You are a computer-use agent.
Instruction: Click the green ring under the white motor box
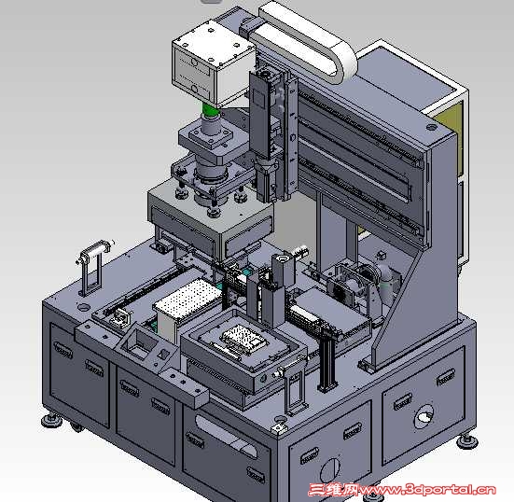coord(210,110)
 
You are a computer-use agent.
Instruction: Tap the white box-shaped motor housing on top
coord(213,62)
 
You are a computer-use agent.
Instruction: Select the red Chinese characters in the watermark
coord(333,490)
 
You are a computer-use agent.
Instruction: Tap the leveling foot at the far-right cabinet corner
coord(467,441)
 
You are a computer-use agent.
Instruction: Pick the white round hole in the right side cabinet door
coord(424,417)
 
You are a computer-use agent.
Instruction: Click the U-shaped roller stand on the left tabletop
coord(94,267)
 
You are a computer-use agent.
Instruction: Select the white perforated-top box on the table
coord(187,305)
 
